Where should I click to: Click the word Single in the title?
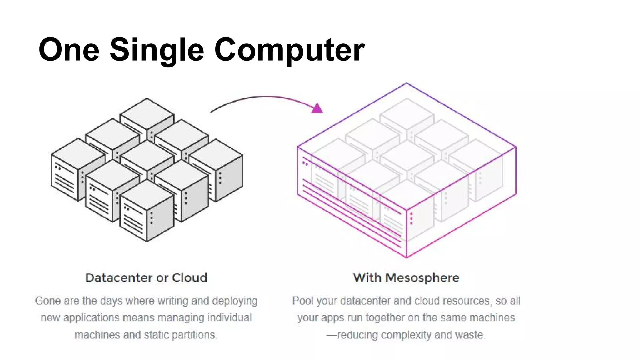157,50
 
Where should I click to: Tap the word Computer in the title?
289,50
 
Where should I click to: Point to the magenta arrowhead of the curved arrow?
317,108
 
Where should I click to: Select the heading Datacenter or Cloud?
146,278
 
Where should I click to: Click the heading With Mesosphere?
406,278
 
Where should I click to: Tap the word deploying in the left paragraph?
235,301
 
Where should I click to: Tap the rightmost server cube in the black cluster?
219,170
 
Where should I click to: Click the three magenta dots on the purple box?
411,218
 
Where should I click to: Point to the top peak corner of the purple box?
407,83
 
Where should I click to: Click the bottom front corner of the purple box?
407,257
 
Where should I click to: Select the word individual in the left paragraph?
230,318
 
